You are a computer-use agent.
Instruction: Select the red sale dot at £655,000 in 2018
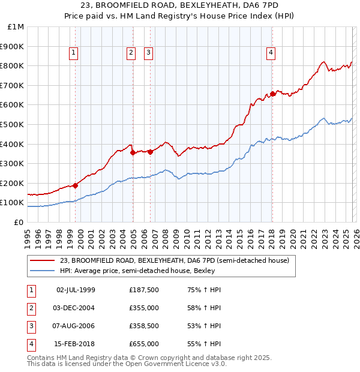[x=272, y=94]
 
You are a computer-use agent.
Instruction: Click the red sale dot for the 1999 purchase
[x=75, y=185]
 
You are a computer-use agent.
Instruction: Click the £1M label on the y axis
[x=16, y=27]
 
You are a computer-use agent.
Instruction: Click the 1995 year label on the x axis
[x=28, y=235]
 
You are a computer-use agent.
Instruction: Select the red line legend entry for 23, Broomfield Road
[x=175, y=260]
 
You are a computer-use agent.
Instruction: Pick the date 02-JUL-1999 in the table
[x=76, y=290]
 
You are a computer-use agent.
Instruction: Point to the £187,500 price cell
[x=143, y=290]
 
